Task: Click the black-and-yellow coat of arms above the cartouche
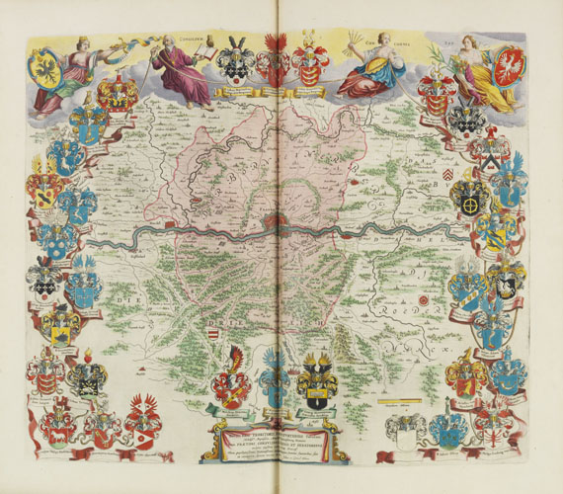[318, 383]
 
